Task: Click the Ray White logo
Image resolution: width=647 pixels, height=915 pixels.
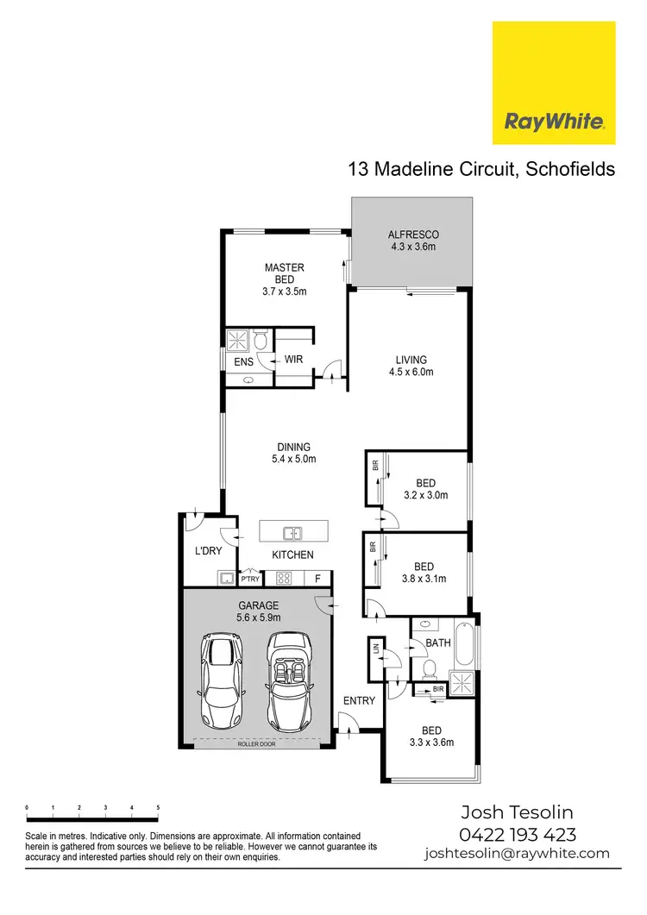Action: click(x=554, y=83)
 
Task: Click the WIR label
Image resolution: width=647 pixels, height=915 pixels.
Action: click(x=293, y=360)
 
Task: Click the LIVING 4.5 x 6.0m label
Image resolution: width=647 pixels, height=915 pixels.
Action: click(x=411, y=360)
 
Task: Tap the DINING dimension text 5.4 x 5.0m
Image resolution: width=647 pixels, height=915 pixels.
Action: click(x=293, y=459)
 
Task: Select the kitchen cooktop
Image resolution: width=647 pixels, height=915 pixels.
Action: click(x=287, y=578)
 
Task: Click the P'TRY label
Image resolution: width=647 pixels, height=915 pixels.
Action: click(x=250, y=579)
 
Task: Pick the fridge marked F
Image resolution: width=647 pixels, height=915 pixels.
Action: click(x=317, y=579)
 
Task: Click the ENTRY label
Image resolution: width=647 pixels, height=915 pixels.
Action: click(x=359, y=700)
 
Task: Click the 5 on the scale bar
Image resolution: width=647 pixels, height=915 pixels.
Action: click(x=158, y=808)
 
